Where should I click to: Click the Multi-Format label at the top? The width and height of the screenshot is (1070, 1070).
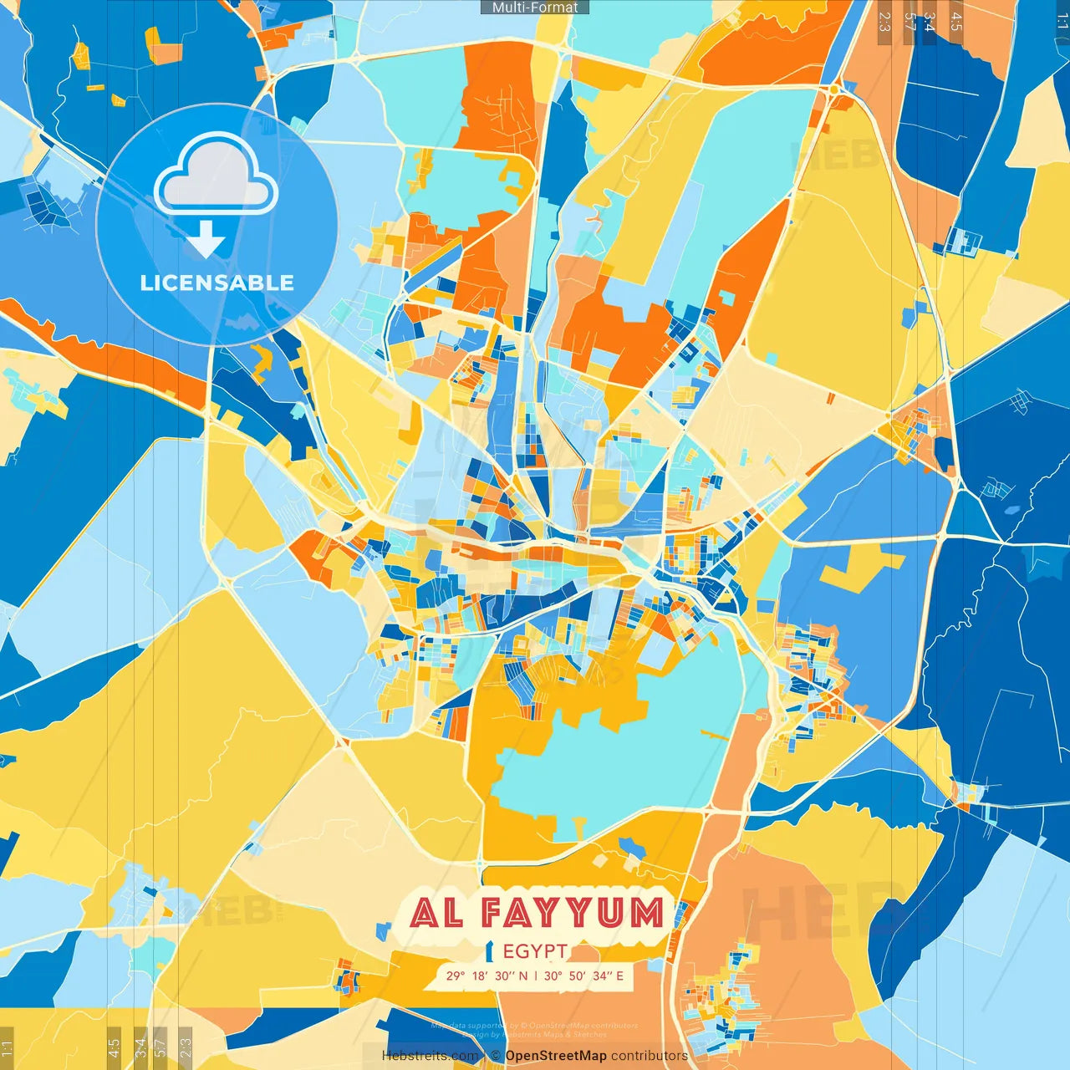535,8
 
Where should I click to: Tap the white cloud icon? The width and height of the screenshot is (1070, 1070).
216,176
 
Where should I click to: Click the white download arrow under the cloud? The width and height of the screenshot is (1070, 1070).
206,240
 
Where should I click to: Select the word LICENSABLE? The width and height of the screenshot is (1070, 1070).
217,283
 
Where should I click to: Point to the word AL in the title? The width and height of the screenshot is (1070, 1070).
437,914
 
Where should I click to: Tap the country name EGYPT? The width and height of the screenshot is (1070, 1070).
535,951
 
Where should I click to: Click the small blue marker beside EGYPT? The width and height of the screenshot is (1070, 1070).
491,951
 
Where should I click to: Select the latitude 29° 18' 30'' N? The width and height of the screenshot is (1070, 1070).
487,976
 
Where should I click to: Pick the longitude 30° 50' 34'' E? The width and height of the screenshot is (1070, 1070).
583,976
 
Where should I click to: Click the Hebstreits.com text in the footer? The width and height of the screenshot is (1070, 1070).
430,1056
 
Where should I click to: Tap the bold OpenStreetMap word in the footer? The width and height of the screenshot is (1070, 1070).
556,1056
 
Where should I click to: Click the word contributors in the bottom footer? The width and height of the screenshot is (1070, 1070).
650,1056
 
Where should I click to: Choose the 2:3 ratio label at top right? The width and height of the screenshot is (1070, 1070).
884,22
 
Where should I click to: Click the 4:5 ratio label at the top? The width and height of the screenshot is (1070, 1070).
956,22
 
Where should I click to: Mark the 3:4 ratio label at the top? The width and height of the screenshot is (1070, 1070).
930,22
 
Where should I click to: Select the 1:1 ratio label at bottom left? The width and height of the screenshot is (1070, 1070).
7,1047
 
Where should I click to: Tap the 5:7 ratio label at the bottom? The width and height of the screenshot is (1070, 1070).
160,1047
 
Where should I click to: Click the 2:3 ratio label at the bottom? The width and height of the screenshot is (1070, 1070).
186,1047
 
